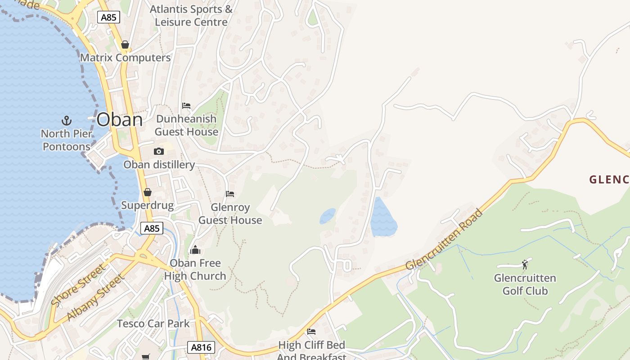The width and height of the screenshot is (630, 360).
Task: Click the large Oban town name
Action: pyautogui.click(x=120, y=120)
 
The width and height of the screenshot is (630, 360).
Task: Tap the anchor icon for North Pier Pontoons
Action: pyautogui.click(x=67, y=121)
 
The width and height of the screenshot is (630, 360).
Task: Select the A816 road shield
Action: pyautogui.click(x=201, y=347)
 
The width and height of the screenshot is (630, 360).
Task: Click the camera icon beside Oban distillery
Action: pyautogui.click(x=158, y=152)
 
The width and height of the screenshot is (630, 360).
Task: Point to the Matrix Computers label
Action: pyautogui.click(x=125, y=58)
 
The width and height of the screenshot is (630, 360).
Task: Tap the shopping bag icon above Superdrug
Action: pyautogui.click(x=148, y=193)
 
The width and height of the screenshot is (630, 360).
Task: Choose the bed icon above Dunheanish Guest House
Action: pyautogui.click(x=186, y=106)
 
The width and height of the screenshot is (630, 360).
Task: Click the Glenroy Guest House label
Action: pyautogui.click(x=230, y=214)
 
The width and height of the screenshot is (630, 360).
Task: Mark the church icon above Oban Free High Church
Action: pyautogui.click(x=195, y=250)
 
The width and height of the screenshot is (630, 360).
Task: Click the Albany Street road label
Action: pyautogui.click(x=95, y=297)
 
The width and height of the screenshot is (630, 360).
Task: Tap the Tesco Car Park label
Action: pyautogui.click(x=153, y=324)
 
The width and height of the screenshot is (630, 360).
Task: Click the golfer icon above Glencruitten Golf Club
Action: pyautogui.click(x=525, y=265)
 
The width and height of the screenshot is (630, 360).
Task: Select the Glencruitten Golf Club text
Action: pyautogui.click(x=525, y=284)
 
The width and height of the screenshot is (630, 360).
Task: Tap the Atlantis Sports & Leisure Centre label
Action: pyautogui.click(x=191, y=15)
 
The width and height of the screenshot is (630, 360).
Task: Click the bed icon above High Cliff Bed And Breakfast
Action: pyautogui.click(x=311, y=332)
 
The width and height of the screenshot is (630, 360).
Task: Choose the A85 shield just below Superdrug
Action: pyautogui.click(x=152, y=229)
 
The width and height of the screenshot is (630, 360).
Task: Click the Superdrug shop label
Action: pyautogui.click(x=147, y=206)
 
